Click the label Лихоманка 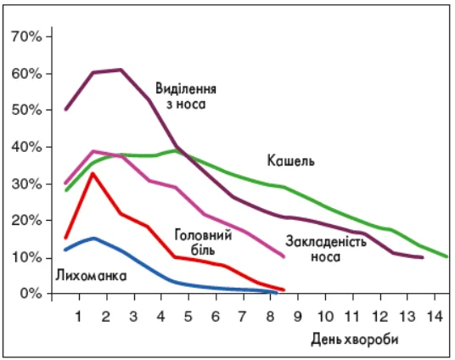pos(91,276)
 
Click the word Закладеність pos(326,240)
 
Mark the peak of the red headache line pos(93,173)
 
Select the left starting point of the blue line pos(65,250)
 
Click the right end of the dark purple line pos(422,257)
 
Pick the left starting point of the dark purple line pos(65,110)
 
